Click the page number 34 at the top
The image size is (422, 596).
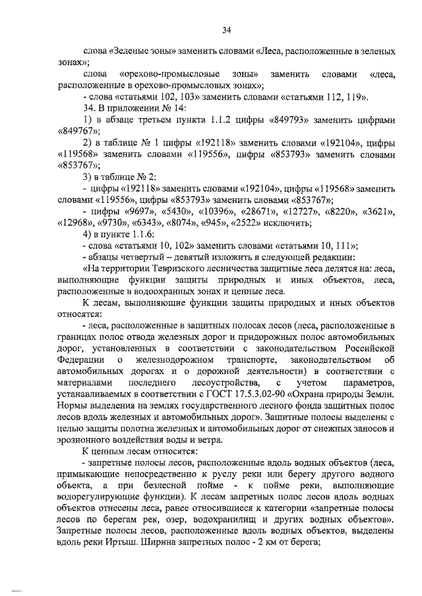click(x=226, y=30)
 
